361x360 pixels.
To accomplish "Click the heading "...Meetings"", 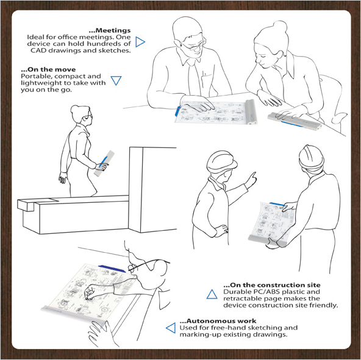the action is pyautogui.click(x=110, y=30).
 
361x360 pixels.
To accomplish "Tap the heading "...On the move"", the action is pyautogui.click(x=48, y=69).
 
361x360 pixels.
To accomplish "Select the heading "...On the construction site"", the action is pyautogui.click(x=272, y=285).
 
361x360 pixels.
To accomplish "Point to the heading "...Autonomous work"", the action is pyautogui.click(x=218, y=321).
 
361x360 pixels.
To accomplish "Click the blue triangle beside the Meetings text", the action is pyautogui.click(x=140, y=42).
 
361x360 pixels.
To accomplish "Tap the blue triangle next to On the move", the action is pyautogui.click(x=116, y=80).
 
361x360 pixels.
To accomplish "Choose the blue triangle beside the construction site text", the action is pyautogui.click(x=212, y=294).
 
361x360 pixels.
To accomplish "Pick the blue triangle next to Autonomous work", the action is pyautogui.click(x=171, y=328).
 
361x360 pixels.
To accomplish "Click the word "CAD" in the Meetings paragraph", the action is pyautogui.click(x=38, y=51).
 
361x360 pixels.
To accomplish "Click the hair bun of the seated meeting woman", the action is pyautogui.click(x=279, y=28).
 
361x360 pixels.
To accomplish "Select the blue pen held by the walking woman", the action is pyautogui.click(x=103, y=161).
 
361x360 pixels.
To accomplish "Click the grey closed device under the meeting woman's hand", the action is pyautogui.click(x=295, y=121).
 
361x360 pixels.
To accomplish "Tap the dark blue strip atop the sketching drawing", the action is pyautogui.click(x=112, y=269).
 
